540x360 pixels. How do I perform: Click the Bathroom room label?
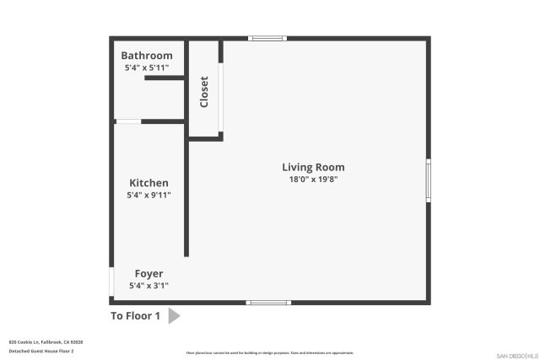coord(147,56)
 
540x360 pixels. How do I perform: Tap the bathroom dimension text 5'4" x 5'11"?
coord(147,67)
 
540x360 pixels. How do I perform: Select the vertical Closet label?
coord(203,92)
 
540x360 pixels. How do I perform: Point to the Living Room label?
coord(313,167)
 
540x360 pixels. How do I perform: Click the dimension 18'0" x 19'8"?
coord(313,179)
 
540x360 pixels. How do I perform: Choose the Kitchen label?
coord(148,183)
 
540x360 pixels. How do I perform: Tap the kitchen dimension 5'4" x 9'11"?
coord(148,195)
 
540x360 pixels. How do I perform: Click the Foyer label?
coord(148,274)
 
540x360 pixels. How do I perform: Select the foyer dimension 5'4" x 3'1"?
coord(148,286)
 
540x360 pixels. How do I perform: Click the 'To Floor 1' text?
coord(135,316)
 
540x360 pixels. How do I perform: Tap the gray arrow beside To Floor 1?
coord(174,316)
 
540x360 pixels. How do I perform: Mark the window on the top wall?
coord(267,38)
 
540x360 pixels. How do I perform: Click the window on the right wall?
coord(429,180)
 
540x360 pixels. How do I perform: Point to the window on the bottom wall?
coord(267,303)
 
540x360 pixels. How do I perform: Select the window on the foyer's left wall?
coord(111,280)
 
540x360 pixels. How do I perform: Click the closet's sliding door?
coord(220,98)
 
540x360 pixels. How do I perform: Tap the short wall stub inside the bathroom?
coord(165,78)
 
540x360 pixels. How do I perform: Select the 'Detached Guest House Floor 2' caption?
coord(41,351)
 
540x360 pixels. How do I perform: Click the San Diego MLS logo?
coord(516,355)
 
